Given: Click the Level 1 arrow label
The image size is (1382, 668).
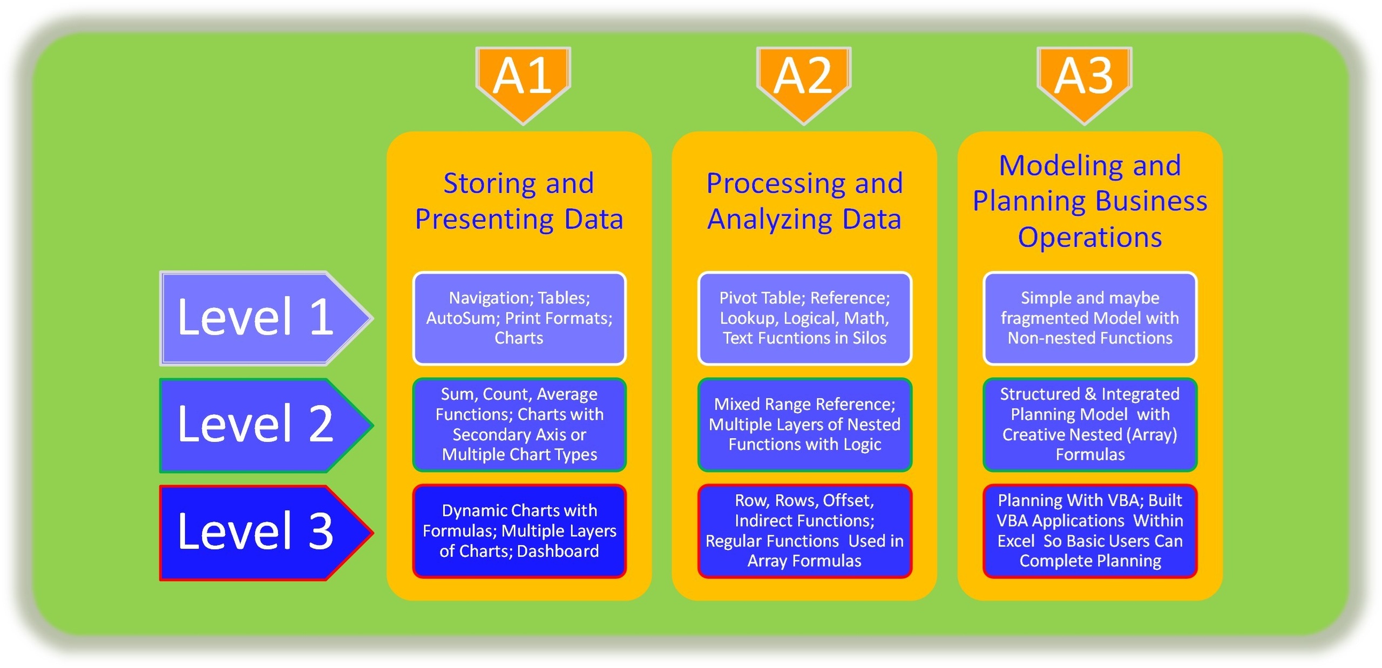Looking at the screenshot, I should click(256, 318).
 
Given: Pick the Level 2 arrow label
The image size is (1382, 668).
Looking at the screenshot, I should click(256, 425).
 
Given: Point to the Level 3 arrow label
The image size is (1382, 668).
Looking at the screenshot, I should click(256, 532).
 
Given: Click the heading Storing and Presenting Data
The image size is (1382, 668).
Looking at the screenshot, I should click(519, 201).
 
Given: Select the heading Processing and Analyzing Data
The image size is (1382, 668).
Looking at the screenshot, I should click(804, 201).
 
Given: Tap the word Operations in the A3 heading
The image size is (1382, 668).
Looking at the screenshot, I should click(1089, 237).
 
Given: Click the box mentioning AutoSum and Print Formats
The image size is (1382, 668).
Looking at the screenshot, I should click(519, 318).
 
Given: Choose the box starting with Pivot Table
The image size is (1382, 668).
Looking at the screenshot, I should click(804, 318).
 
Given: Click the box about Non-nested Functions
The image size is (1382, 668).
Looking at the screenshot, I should click(1089, 318).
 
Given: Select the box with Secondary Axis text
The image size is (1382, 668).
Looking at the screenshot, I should click(519, 425).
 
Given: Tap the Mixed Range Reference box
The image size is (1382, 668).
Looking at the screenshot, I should click(804, 425).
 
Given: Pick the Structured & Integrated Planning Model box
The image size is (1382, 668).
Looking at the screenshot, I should click(1089, 425).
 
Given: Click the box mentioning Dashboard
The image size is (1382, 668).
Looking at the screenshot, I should click(519, 531).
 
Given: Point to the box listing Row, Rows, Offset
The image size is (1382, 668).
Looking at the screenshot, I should click(804, 531).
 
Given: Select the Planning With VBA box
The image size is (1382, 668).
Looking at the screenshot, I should click(1089, 531).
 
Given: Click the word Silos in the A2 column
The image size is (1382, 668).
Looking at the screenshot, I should click(869, 338).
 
